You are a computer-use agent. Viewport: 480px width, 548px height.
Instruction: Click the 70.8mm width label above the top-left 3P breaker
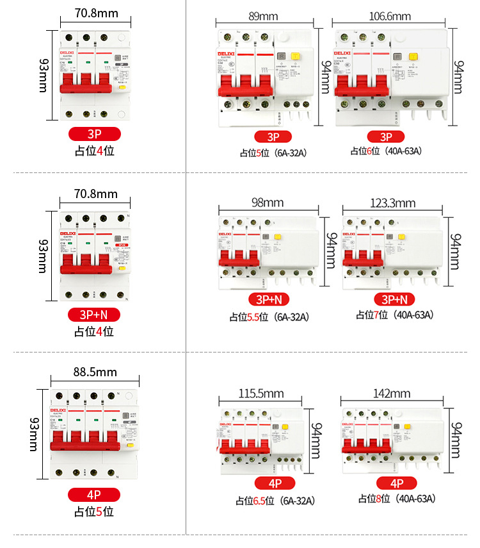tap(95, 13)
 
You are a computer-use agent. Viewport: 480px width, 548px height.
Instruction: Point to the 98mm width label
tap(268, 203)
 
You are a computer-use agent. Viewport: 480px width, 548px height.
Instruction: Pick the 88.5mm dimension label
tap(95, 372)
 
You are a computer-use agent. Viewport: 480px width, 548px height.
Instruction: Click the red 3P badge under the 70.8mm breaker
tap(95, 134)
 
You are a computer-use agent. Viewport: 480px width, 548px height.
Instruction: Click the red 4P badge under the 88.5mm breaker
tap(95, 495)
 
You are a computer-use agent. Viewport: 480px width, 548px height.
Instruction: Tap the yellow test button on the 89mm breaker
tap(296, 57)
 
